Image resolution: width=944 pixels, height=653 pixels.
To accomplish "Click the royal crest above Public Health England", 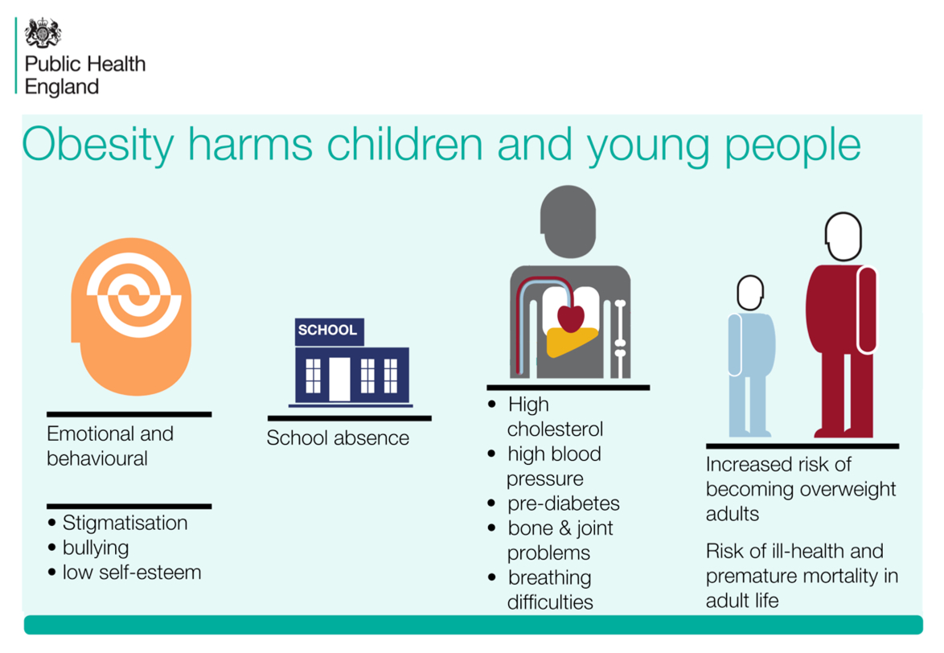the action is coord(43,32).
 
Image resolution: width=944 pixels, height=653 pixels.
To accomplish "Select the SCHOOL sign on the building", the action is coord(330,331).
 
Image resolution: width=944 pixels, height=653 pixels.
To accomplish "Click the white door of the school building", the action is coord(339,379).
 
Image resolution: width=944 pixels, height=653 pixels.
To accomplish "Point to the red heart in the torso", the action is coord(571,318).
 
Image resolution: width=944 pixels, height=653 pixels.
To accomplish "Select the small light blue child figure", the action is coord(750,356).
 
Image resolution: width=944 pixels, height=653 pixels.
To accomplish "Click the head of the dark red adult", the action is coord(843,236).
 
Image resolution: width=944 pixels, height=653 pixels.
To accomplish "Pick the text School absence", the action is coord(338,438).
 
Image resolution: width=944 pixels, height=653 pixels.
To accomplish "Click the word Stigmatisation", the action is coord(125,523).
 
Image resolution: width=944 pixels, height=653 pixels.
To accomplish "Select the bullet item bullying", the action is coord(96,548).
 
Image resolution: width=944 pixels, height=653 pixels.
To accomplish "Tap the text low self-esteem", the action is coord(132,573).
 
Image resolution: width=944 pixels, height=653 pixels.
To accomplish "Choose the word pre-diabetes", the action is coord(564,503).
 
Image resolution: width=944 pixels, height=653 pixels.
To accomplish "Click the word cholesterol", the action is coord(555,429).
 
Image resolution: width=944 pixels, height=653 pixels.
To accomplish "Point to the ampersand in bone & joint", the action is coord(564,528).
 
